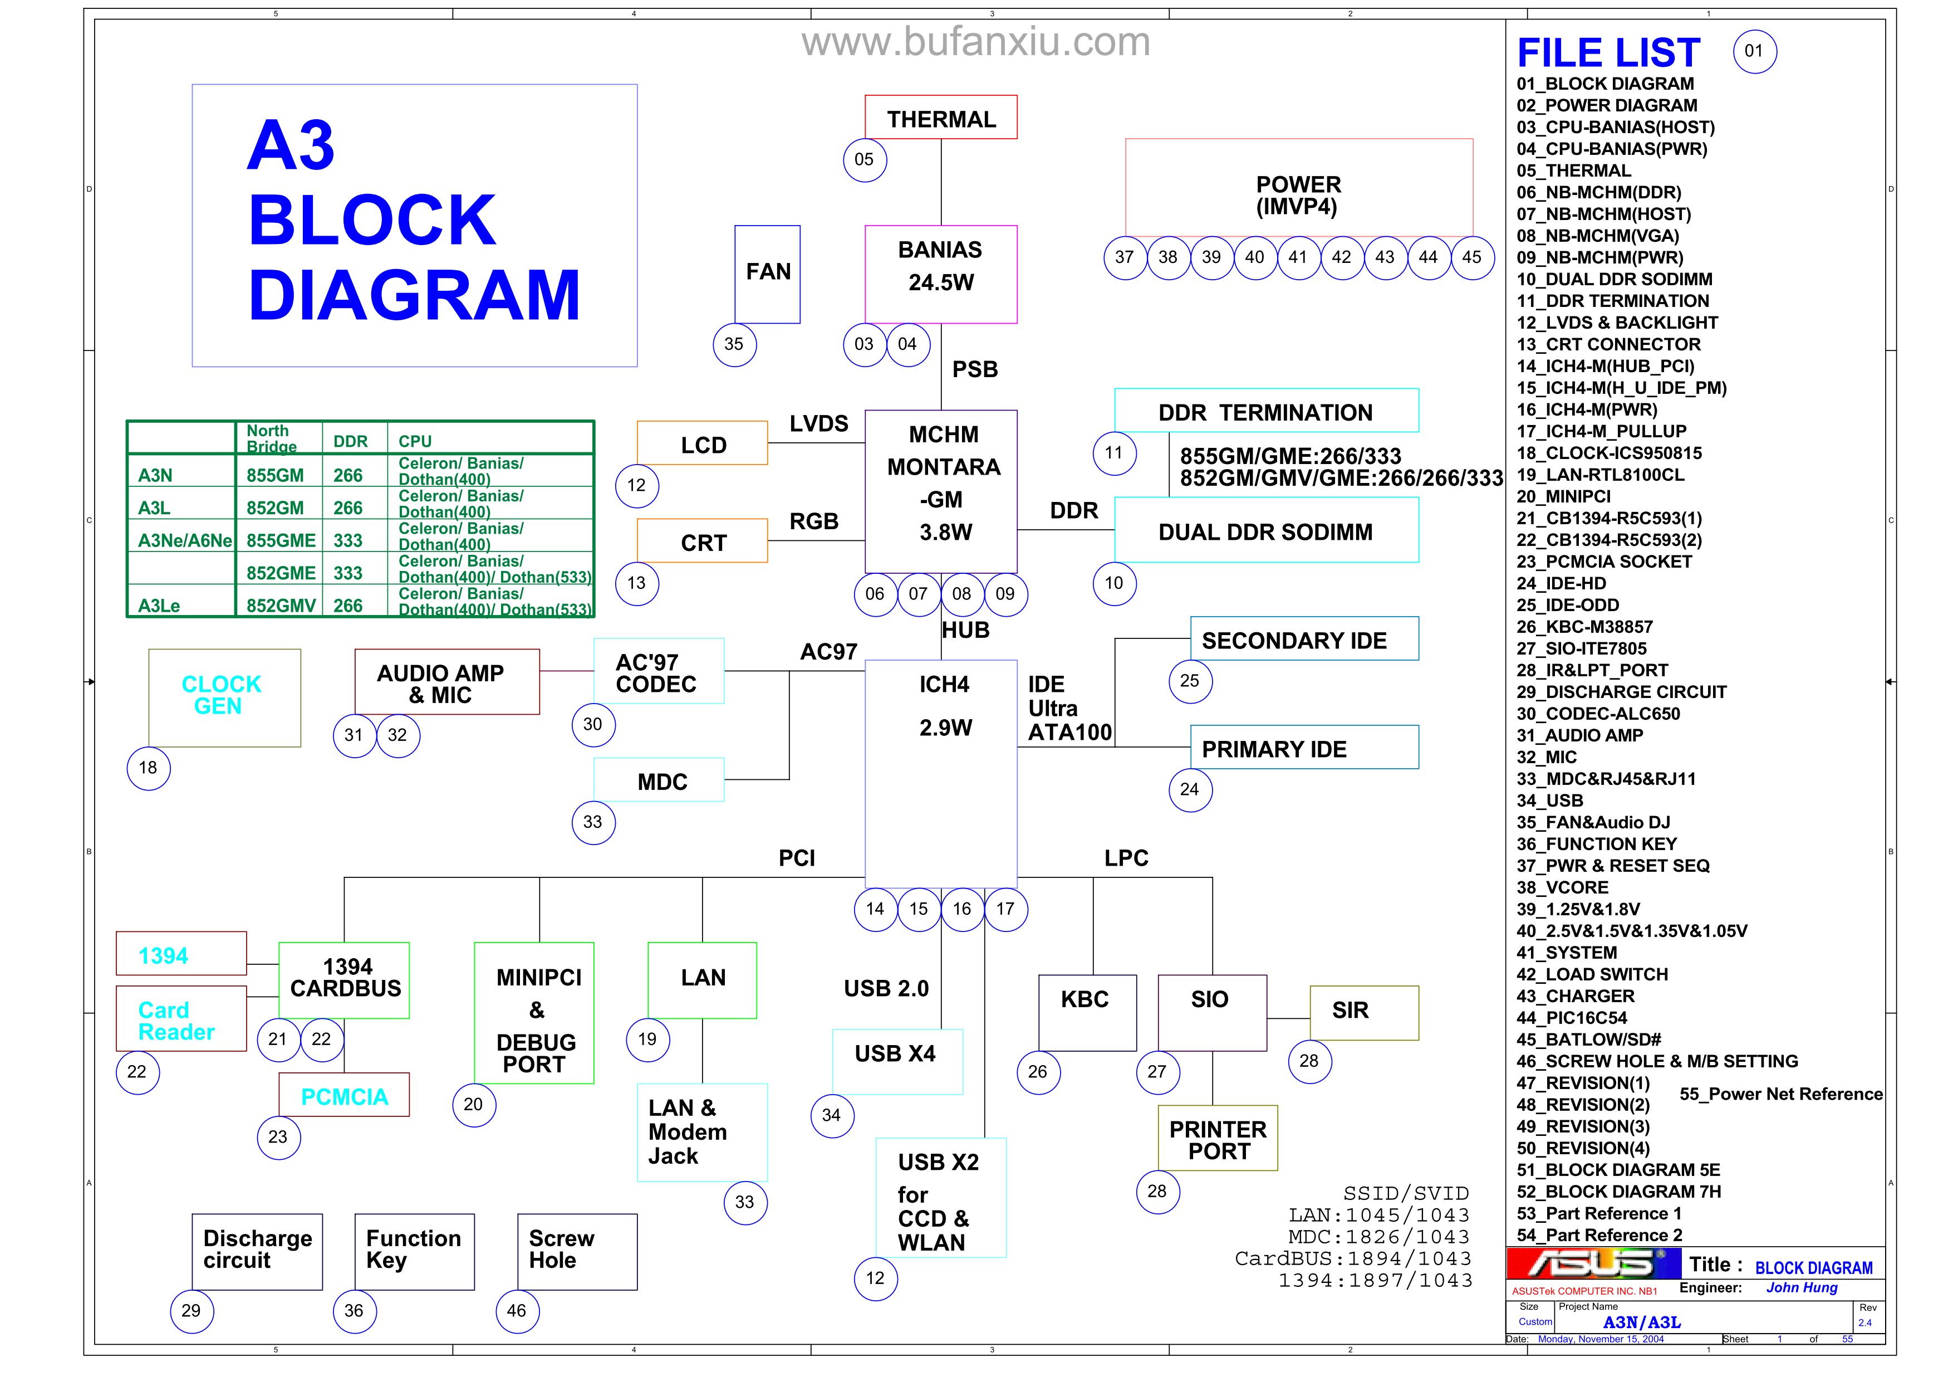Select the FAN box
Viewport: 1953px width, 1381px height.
[767, 273]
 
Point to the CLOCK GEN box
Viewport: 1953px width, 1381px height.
[224, 697]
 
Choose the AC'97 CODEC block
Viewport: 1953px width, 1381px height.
[659, 671]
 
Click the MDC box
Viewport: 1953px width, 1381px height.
[659, 779]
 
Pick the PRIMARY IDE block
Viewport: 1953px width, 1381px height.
[1303, 747]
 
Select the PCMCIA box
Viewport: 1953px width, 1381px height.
[344, 1095]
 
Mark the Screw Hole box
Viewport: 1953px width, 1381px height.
[577, 1251]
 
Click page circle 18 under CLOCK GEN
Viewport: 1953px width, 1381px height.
[148, 768]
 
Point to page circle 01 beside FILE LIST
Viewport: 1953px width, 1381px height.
[1753, 51]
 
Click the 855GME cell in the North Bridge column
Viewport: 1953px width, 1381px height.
[280, 540]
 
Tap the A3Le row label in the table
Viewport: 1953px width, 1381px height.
[160, 605]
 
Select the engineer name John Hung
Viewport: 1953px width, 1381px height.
[1801, 1287]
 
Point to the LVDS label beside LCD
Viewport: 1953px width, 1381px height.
[818, 424]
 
